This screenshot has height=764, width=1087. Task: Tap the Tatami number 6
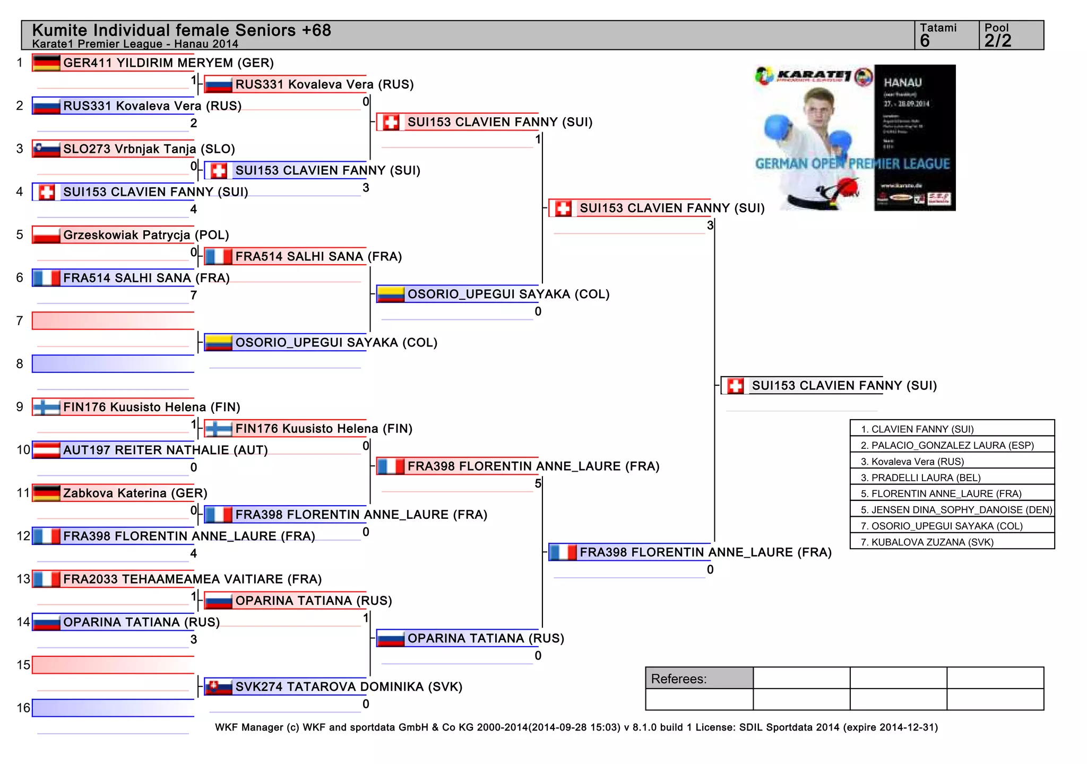tap(925, 41)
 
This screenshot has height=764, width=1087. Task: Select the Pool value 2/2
tap(998, 41)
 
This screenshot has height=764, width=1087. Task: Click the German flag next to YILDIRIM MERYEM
tap(46, 63)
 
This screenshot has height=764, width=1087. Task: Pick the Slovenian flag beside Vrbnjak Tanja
tap(46, 149)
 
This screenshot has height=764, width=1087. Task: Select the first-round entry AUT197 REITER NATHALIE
tap(165, 450)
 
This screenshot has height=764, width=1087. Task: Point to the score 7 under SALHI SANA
tap(194, 296)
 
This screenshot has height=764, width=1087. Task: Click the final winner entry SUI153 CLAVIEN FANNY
tap(844, 386)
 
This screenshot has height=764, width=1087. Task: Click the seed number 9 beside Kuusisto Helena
tap(20, 407)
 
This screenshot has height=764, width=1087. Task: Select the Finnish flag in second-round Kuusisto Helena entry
tap(218, 428)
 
